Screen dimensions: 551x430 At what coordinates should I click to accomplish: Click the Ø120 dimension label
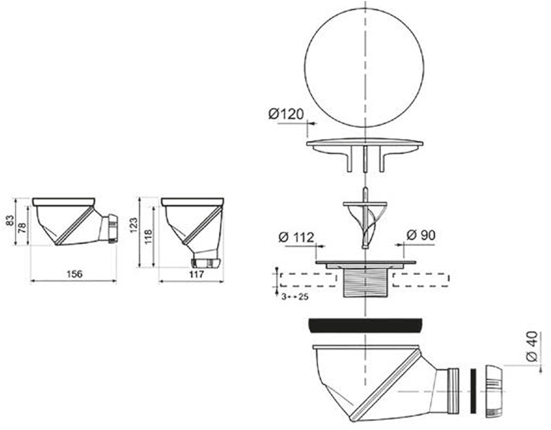[286, 114]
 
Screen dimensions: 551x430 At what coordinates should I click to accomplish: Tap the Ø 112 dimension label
[296, 238]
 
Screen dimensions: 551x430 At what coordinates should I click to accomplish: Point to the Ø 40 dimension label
[531, 346]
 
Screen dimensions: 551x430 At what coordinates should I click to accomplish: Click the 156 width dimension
[74, 274]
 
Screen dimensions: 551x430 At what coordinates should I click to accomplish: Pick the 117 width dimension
[196, 274]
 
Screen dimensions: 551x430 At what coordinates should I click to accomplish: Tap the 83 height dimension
[10, 220]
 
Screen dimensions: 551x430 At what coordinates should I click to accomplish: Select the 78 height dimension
[22, 228]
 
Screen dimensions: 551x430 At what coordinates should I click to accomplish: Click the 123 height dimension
[133, 226]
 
